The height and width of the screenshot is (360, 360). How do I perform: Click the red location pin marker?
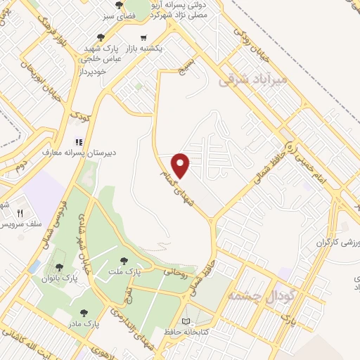(x=181, y=165)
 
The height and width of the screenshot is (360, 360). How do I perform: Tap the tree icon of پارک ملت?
(x=124, y=262)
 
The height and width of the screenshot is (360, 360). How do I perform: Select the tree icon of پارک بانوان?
(x=58, y=267)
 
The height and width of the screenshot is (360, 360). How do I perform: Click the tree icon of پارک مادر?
(x=84, y=313)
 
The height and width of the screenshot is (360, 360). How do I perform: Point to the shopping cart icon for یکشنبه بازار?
(x=143, y=38)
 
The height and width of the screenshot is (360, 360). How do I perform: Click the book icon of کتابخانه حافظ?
(x=186, y=321)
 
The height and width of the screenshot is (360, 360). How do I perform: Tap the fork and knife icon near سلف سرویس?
(x=20, y=214)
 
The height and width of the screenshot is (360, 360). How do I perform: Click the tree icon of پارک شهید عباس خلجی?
(x=101, y=38)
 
